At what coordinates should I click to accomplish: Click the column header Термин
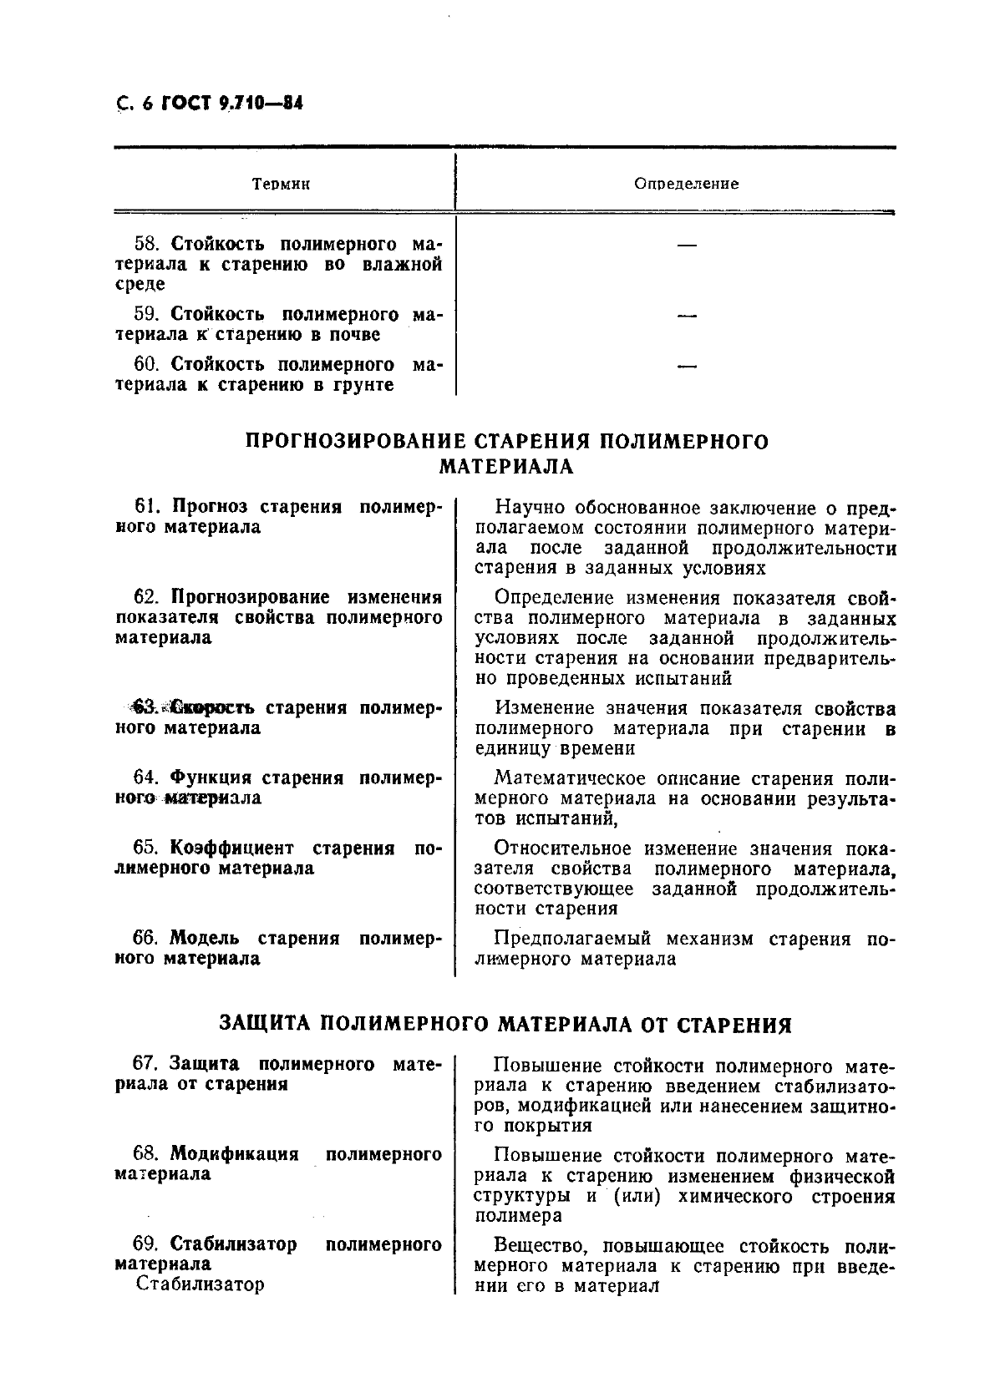(x=281, y=184)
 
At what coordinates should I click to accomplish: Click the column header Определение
(x=687, y=184)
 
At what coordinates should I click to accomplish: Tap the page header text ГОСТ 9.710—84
(x=226, y=104)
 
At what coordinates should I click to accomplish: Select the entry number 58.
(x=147, y=244)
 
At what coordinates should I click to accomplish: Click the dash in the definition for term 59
(x=687, y=316)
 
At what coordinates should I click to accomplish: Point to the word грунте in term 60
(x=358, y=385)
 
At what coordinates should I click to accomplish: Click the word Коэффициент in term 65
(x=231, y=848)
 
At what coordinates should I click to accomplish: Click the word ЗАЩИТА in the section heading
(x=265, y=1024)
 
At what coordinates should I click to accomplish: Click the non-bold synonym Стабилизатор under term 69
(x=200, y=1284)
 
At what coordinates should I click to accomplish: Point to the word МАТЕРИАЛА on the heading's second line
(x=506, y=466)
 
